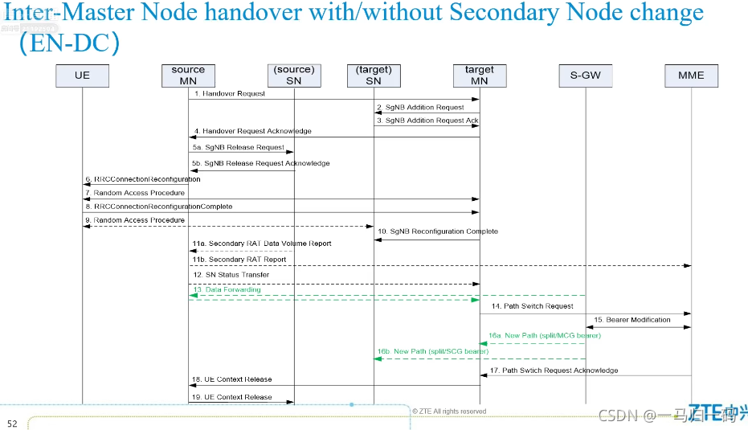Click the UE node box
82,76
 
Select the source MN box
188,76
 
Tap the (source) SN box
293,76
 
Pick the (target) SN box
374,76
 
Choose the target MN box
479,76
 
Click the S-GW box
585,76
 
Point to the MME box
691,76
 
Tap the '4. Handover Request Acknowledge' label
251,131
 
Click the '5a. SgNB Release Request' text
238,147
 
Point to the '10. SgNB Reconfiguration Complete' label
438,231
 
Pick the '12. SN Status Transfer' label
231,275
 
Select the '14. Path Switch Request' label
533,306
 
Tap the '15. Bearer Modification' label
632,320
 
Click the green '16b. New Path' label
432,351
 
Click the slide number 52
12,424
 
